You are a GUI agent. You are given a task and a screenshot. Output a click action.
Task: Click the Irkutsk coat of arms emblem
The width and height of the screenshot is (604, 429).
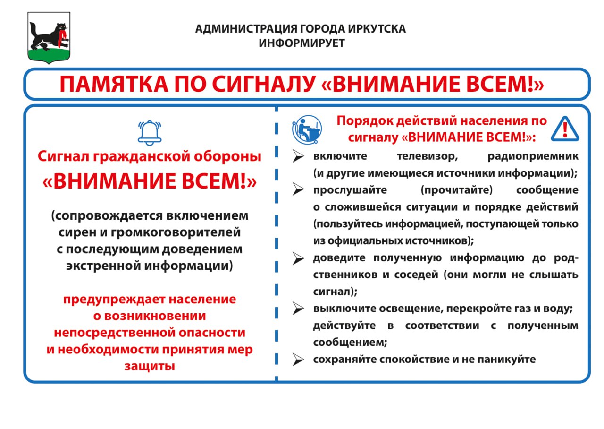(49, 38)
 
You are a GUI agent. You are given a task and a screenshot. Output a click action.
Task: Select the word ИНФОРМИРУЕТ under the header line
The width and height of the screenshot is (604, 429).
(302, 43)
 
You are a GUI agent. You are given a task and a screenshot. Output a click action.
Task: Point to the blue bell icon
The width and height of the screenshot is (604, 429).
(150, 132)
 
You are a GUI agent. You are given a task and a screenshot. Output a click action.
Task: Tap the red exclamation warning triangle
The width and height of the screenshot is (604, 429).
(565, 128)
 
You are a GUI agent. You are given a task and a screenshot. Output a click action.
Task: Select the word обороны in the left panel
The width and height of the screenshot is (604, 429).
(223, 156)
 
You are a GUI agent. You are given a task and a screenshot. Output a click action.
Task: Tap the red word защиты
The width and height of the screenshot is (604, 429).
(150, 366)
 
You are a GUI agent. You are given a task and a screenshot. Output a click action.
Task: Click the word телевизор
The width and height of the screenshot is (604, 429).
(427, 156)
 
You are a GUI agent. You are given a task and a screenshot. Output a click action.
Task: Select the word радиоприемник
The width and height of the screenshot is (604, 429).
(533, 156)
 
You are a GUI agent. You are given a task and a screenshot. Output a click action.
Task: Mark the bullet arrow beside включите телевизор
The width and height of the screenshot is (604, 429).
(298, 156)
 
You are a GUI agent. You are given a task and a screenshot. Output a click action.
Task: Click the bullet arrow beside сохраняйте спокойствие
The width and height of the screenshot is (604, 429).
(298, 360)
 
